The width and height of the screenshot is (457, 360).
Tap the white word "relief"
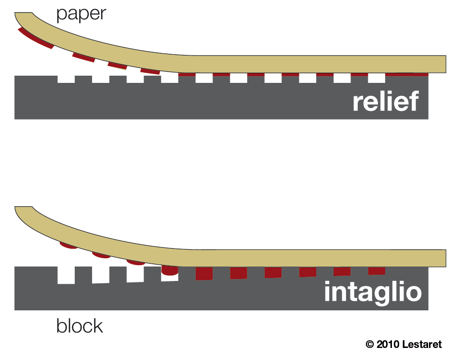click(x=385, y=102)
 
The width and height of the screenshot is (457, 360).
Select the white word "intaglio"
click(x=372, y=292)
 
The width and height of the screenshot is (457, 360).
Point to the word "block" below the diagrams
click(x=80, y=326)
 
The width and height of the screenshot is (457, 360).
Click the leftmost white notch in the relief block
click(x=66, y=79)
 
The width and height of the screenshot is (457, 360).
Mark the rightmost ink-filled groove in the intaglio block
click(x=376, y=271)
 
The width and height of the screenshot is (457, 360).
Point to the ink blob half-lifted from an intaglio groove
click(x=169, y=271)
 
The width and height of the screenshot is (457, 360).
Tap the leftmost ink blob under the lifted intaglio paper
click(x=68, y=245)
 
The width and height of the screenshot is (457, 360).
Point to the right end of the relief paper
click(x=441, y=63)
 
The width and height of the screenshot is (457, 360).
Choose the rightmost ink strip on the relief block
click(x=407, y=74)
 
